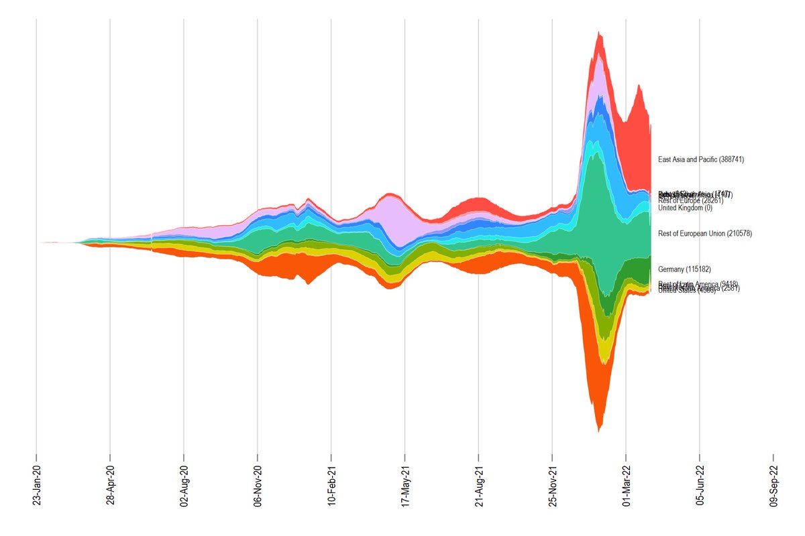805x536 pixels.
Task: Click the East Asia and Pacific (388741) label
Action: tap(701, 160)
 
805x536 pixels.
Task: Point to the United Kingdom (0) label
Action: tap(685, 208)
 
